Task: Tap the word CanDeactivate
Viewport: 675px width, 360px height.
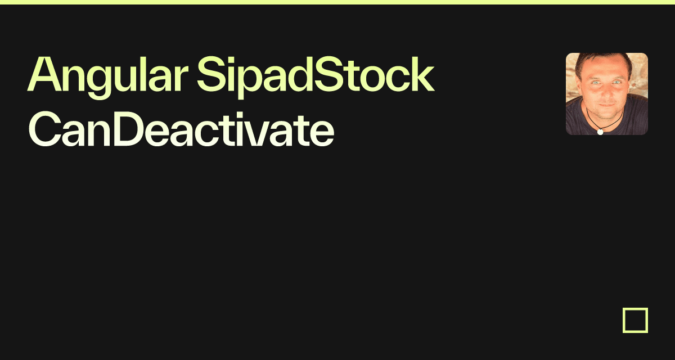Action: click(181, 130)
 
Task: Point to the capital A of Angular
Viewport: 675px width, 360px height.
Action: click(42, 76)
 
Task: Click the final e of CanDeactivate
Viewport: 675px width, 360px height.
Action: click(323, 134)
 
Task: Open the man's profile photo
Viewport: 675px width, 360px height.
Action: click(606, 94)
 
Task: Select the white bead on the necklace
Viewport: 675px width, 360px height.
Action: click(600, 132)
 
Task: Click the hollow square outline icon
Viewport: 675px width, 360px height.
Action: click(635, 320)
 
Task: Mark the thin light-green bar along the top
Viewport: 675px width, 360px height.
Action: click(337, 2)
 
